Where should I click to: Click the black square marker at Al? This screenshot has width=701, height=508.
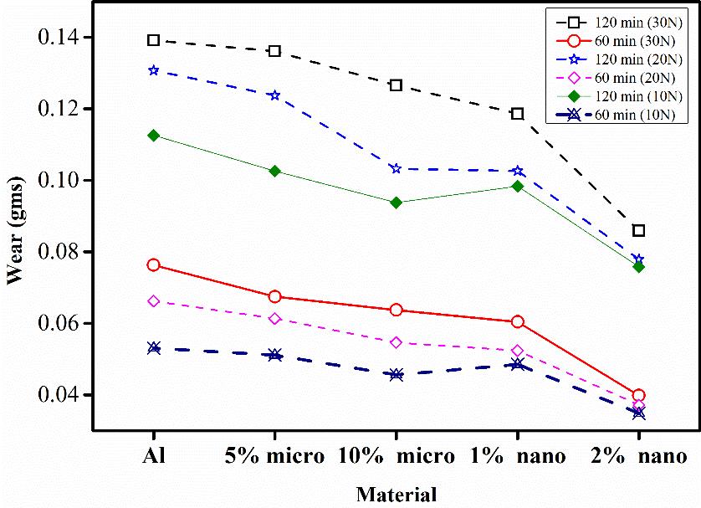click(153, 40)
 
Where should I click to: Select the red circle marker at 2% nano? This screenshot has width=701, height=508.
click(639, 395)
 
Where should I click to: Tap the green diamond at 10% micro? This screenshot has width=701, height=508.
click(397, 203)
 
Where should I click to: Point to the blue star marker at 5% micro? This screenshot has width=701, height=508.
click(274, 95)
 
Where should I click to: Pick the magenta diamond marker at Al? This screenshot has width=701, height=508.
click(153, 301)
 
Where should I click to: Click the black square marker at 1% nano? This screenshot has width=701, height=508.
click(518, 114)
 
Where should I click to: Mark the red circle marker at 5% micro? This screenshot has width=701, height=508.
click(274, 296)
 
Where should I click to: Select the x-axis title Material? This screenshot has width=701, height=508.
click(397, 494)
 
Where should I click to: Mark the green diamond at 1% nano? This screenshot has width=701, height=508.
click(518, 186)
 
